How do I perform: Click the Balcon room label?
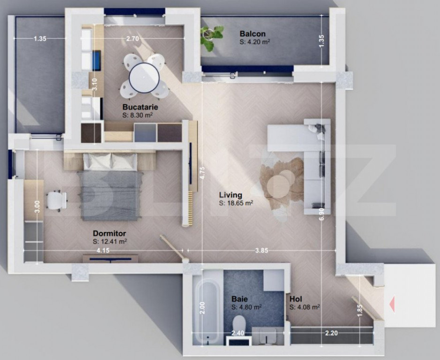click(x=252, y=34)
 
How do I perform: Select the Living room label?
click(x=231, y=195)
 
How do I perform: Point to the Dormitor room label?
click(x=109, y=233)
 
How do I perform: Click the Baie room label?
click(x=239, y=299)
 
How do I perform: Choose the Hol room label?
click(x=296, y=299)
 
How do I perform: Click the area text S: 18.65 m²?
click(x=236, y=203)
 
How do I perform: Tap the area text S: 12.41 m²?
click(x=110, y=241)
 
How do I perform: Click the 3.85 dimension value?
click(x=261, y=251)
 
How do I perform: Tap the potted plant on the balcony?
click(x=211, y=37)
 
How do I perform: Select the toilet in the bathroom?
click(x=239, y=323)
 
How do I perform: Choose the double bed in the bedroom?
click(x=111, y=187)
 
